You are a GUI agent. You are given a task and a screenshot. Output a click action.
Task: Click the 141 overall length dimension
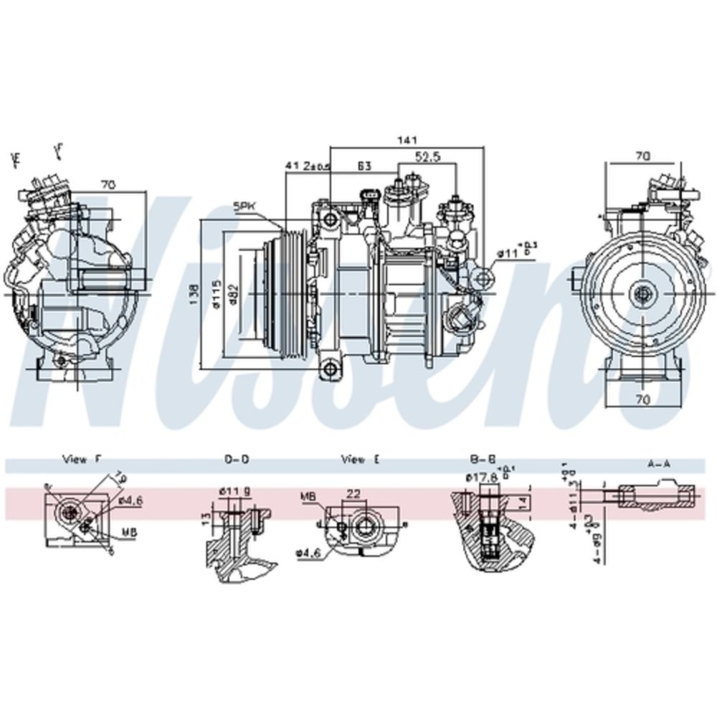[406, 140]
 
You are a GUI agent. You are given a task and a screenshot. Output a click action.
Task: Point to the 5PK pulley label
[244, 206]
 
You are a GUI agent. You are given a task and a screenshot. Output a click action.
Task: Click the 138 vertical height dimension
[191, 294]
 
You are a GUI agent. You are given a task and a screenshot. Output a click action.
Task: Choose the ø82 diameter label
[234, 295]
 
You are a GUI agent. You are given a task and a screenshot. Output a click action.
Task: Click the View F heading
[82, 460]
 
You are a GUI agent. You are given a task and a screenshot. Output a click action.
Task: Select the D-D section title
[237, 460]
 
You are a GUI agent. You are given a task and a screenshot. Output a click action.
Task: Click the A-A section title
[658, 464]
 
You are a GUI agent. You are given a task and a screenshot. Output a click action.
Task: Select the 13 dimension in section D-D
[206, 518]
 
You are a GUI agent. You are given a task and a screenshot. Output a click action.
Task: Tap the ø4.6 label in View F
[131, 500]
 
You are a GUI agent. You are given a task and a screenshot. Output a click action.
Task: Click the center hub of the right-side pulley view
[642, 293]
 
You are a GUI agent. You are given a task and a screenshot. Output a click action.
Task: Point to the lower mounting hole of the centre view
[330, 369]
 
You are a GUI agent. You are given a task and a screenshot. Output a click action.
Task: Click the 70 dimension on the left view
[108, 184]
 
